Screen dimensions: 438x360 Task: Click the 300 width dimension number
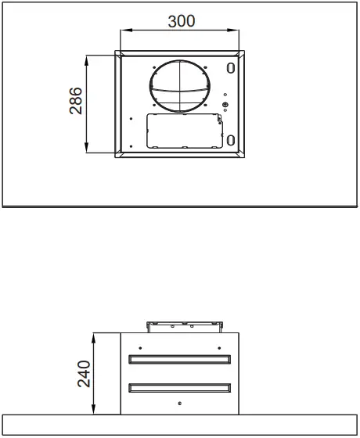(182, 21)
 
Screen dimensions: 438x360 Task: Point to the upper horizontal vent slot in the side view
(180, 360)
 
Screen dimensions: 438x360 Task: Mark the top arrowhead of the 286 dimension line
(89, 58)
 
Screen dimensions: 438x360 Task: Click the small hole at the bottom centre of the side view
(180, 403)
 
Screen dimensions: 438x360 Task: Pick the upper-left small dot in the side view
(140, 347)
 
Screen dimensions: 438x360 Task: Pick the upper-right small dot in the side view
(220, 347)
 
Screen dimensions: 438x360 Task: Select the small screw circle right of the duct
(225, 106)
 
